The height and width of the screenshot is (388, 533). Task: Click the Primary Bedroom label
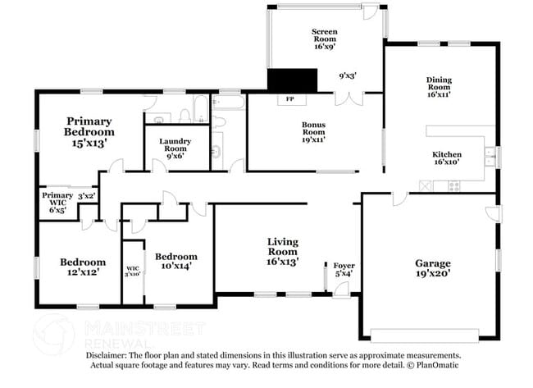pyautogui.click(x=89, y=131)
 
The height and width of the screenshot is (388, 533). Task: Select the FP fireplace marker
pyautogui.click(x=289, y=100)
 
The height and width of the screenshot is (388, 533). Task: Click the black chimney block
pyautogui.click(x=292, y=80)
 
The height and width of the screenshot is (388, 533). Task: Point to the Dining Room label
pyautogui.click(x=439, y=86)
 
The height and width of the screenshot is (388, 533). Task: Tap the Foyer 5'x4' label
pyautogui.click(x=344, y=269)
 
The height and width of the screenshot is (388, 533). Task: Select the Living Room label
pyautogui.click(x=281, y=251)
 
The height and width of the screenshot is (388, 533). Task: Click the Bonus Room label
pyautogui.click(x=313, y=131)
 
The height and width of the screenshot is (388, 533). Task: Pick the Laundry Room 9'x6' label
pyautogui.click(x=175, y=147)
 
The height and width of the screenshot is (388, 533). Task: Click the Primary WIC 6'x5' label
pyautogui.click(x=58, y=202)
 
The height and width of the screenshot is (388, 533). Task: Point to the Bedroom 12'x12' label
pyautogui.click(x=83, y=267)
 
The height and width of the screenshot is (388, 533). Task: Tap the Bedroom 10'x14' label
pyautogui.click(x=177, y=261)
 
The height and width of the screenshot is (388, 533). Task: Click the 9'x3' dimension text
pyautogui.click(x=348, y=75)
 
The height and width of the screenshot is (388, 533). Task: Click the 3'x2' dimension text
pyautogui.click(x=86, y=196)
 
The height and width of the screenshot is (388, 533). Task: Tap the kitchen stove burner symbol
pyautogui.click(x=453, y=186)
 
